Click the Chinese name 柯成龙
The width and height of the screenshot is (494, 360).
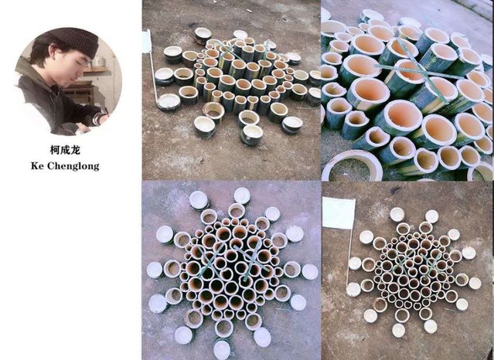pos(65,150)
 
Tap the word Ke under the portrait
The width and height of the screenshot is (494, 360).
pos(37,165)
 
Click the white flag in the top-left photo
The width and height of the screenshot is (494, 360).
pos(147,41)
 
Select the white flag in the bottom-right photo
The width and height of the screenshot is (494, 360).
pos(339,212)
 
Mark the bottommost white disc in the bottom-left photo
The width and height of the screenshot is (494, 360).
pos(222,350)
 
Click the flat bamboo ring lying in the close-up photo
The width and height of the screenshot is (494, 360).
pos(353,165)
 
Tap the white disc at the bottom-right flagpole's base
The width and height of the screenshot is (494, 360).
pos(353,289)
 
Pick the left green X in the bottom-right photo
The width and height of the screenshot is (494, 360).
pos(400,261)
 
